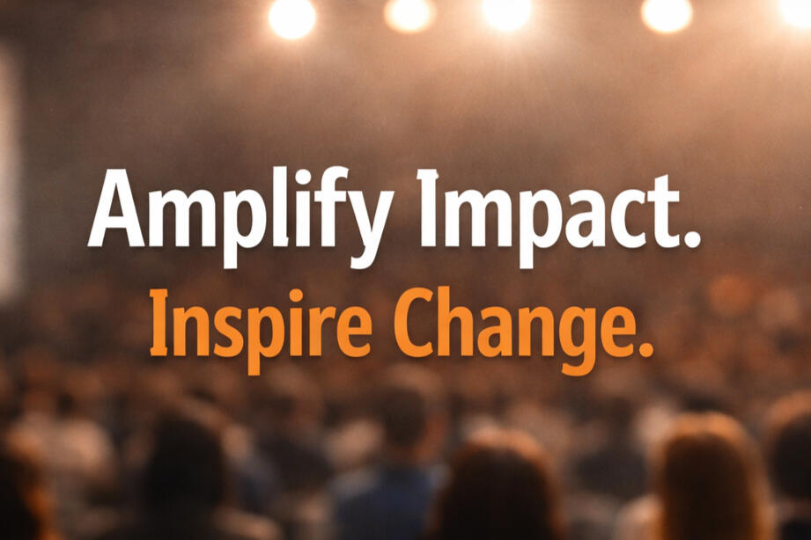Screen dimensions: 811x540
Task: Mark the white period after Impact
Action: coord(692,239)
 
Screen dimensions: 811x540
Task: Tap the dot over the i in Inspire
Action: coord(295,296)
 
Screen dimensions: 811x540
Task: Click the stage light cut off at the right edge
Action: coord(797,11)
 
